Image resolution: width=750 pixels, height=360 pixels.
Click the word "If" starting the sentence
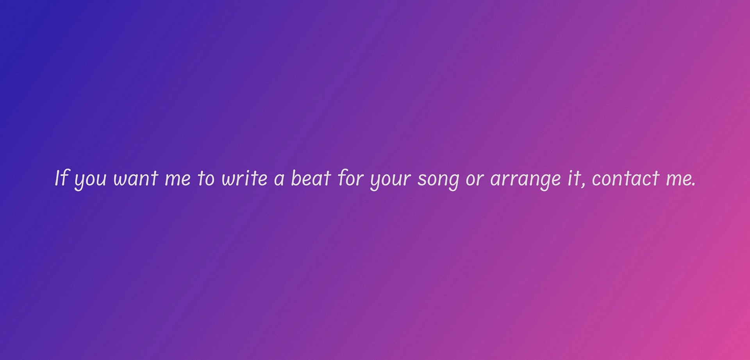click(x=62, y=178)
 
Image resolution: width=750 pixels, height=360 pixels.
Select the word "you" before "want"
click(x=90, y=181)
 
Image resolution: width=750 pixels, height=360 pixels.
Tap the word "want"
click(x=136, y=178)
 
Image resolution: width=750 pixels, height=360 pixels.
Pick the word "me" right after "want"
click(x=178, y=180)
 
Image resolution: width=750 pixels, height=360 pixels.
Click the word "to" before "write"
click(x=206, y=178)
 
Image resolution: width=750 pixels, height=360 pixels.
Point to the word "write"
click(x=245, y=178)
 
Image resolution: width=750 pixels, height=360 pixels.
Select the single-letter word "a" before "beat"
click(x=279, y=180)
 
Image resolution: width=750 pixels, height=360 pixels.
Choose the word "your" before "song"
click(x=390, y=181)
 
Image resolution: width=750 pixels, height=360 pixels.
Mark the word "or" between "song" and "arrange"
click(x=475, y=180)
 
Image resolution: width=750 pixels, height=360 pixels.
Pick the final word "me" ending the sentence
click(x=679, y=180)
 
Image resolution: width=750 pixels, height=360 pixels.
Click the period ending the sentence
click(x=694, y=185)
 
